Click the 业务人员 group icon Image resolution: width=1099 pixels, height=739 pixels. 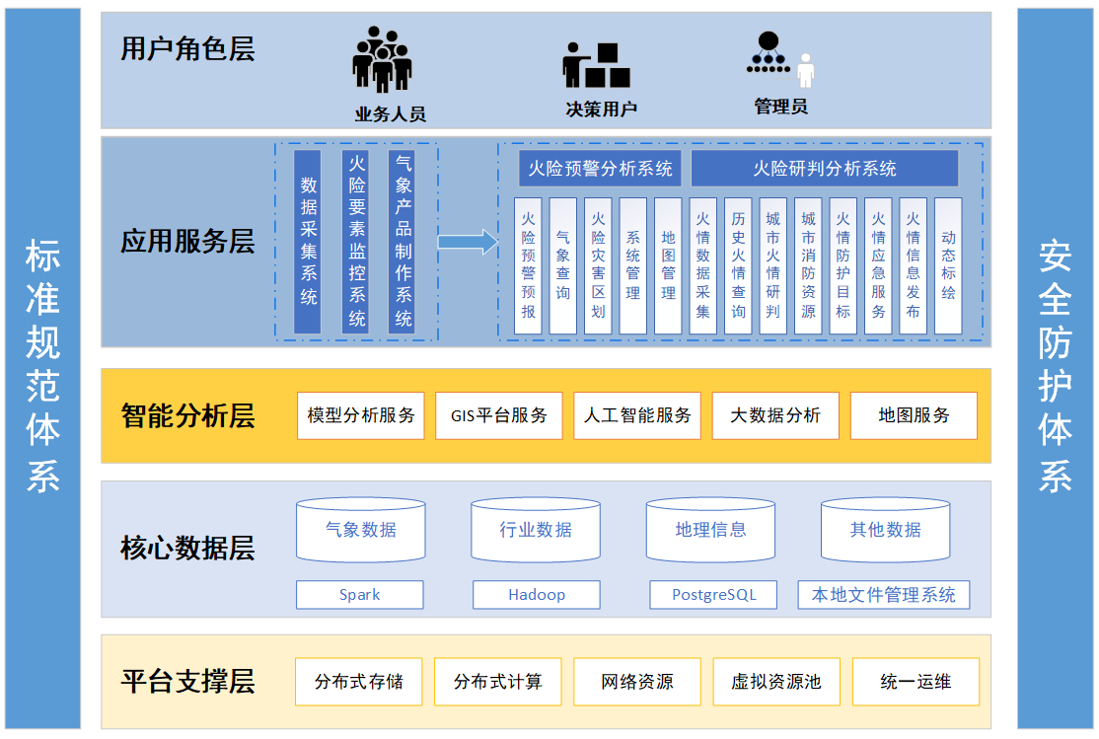pos(382,60)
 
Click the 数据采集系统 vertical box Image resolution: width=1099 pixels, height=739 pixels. pos(308,241)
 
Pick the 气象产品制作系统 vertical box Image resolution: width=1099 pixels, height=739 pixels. pos(403,241)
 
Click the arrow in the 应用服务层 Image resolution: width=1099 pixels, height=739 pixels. pos(468,241)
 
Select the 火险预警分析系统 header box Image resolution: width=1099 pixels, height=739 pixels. pos(601,169)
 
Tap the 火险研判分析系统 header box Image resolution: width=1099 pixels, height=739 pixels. pos(824,169)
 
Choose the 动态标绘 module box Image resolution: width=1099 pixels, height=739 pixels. pos(948,265)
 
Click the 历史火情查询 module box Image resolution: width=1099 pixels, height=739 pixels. pos(738,265)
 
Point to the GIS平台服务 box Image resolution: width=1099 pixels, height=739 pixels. pos(499,415)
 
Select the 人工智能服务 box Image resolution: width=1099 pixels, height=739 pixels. pos(637,415)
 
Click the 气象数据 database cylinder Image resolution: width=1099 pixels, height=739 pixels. pos(360,530)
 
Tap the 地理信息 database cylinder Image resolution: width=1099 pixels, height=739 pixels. pos(710,530)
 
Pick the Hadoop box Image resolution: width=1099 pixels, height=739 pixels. pos(537,595)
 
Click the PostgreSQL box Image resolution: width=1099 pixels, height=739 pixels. pos(713,595)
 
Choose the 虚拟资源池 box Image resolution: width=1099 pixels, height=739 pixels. pos(775,682)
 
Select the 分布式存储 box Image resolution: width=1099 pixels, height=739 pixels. pos(359,682)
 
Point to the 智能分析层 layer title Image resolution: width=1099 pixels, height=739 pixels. pos(187,415)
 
